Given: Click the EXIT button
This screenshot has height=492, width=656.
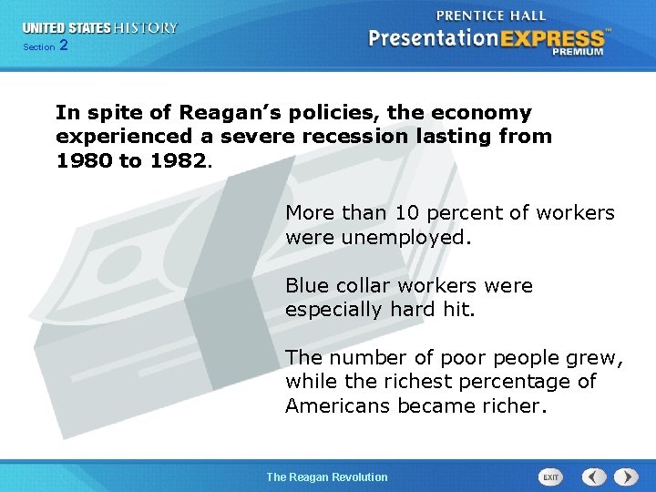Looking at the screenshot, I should [551, 477].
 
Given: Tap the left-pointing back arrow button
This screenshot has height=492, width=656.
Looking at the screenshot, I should [594, 477].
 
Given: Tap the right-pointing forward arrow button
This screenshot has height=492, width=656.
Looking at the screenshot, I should [625, 477].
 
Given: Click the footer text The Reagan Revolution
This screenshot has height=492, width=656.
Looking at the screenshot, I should [326, 477].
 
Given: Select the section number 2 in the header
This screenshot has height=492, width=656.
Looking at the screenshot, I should [62, 46].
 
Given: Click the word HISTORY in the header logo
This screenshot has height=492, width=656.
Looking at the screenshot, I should [145, 28].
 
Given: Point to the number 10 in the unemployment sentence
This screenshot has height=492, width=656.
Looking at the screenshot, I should [405, 213].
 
